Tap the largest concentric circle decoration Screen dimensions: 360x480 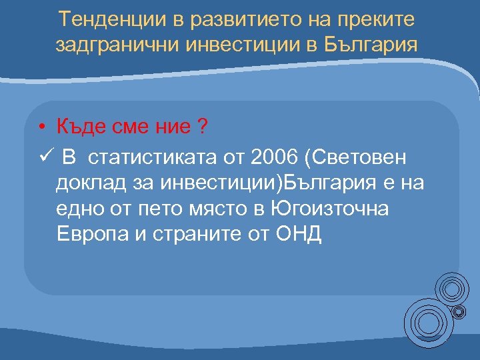pos(426,323)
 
